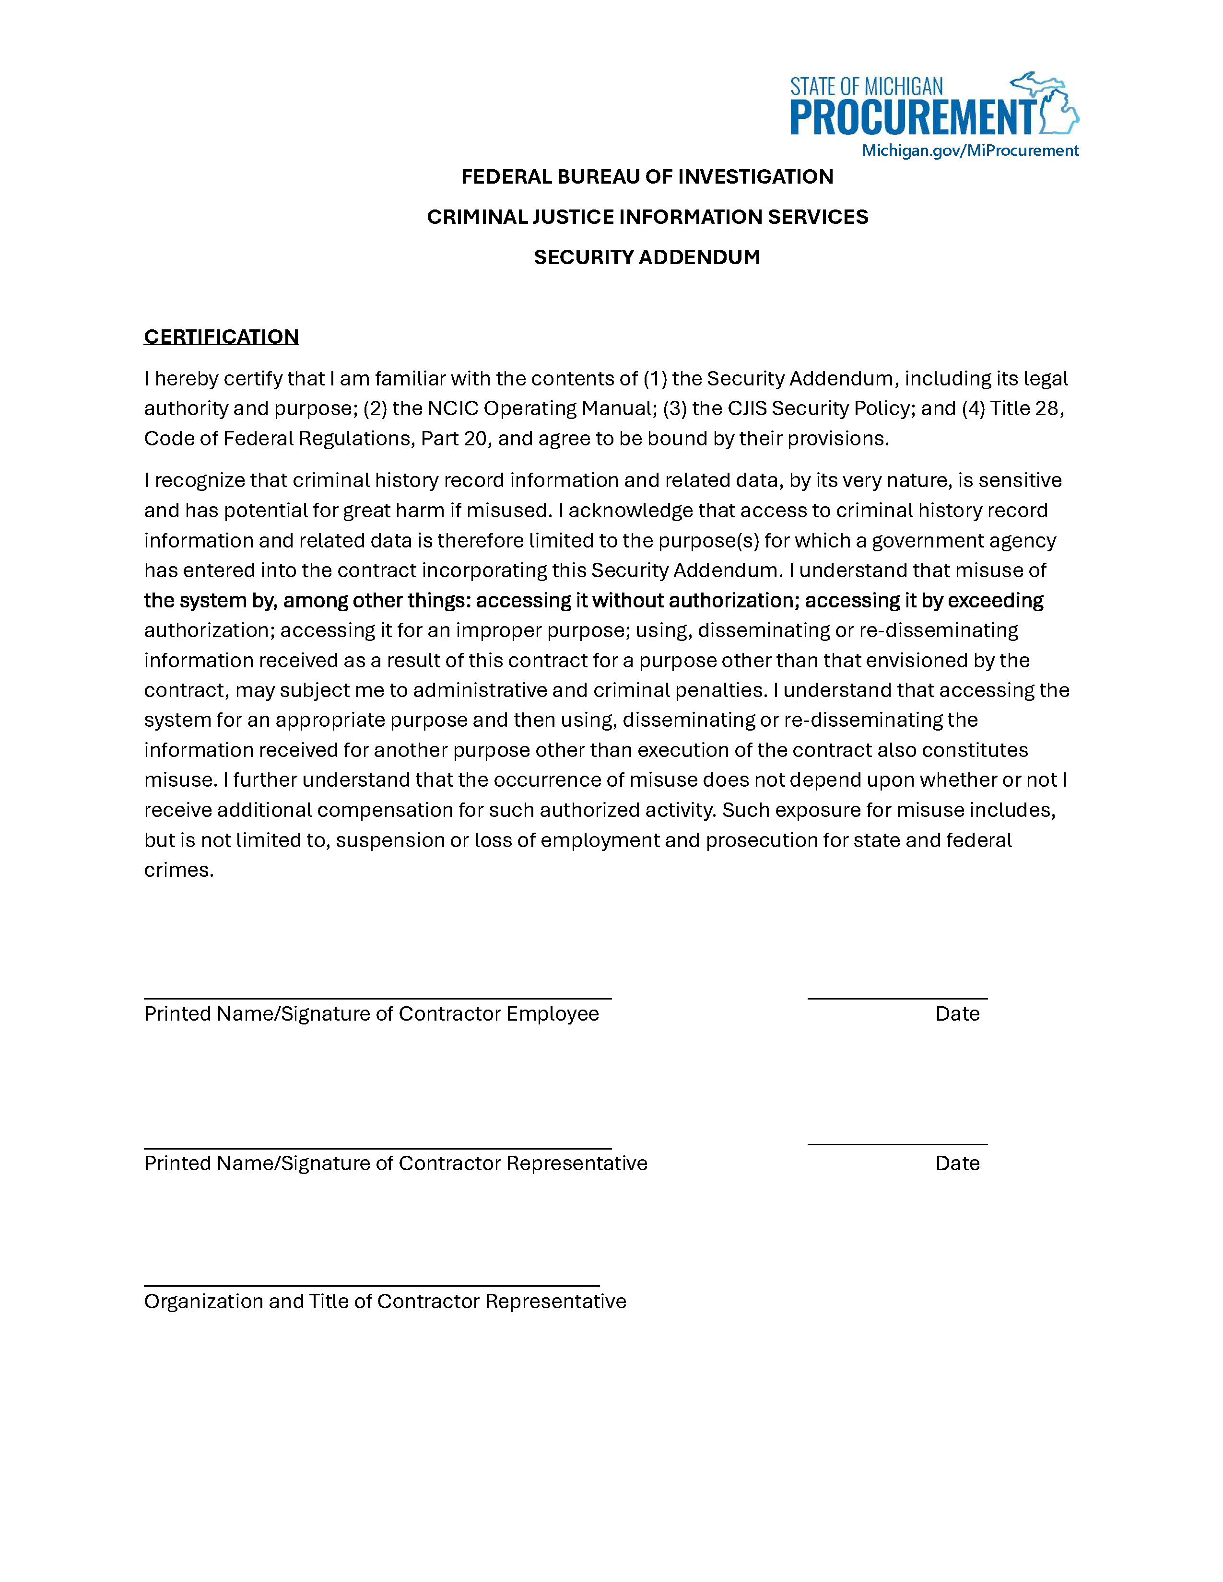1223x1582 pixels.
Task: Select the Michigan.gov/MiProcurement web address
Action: (x=969, y=151)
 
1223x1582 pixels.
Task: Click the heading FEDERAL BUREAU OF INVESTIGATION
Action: (x=647, y=177)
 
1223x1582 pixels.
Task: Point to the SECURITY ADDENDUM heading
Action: (x=647, y=257)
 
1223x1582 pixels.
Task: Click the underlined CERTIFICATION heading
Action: (x=221, y=337)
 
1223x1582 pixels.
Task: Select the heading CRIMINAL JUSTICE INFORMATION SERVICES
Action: (x=647, y=217)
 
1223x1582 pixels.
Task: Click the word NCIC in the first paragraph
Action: (x=453, y=408)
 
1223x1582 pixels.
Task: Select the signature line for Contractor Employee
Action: (x=377, y=998)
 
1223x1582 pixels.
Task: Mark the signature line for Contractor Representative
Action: (x=377, y=1148)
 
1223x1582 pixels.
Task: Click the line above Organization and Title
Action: (x=372, y=1286)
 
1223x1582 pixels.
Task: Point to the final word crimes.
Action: (x=178, y=870)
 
